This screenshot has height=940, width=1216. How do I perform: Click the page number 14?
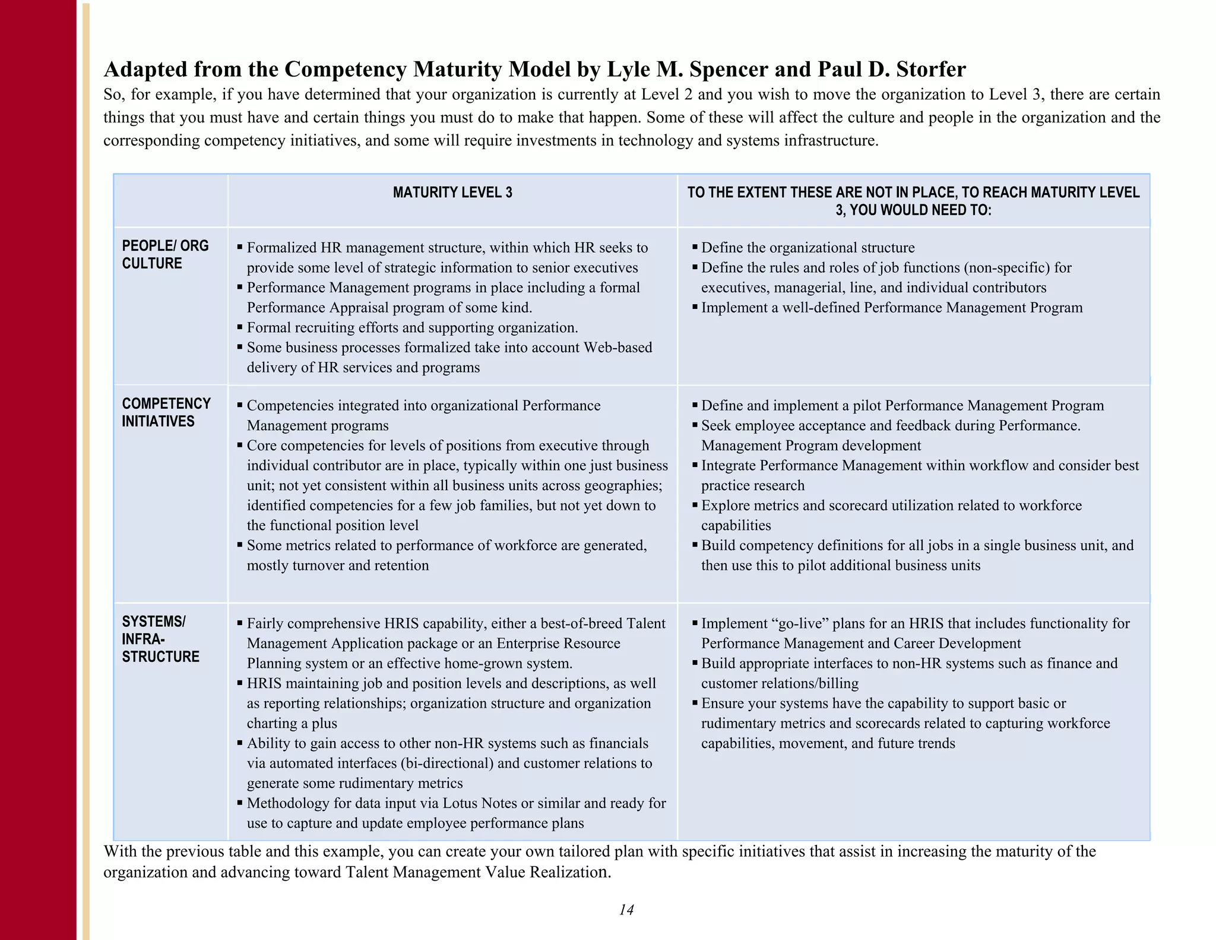626,910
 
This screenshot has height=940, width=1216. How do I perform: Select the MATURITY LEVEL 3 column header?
452,193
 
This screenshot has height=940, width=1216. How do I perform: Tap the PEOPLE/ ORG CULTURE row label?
165,254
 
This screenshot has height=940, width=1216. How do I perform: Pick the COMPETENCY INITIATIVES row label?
166,412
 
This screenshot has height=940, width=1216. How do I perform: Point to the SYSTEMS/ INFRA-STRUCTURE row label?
160,639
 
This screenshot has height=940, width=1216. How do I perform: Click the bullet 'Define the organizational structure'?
807,248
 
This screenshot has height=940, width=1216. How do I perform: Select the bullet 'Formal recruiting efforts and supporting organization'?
412,327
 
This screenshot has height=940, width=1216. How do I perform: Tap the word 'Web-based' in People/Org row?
617,348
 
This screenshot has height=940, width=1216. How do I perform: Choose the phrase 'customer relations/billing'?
780,683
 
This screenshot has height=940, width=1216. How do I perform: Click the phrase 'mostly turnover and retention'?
337,566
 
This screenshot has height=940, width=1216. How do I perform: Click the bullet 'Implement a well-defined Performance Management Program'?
892,308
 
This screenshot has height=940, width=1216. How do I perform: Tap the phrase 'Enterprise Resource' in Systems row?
558,644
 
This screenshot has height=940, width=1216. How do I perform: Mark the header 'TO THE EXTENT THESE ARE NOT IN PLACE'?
913,193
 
